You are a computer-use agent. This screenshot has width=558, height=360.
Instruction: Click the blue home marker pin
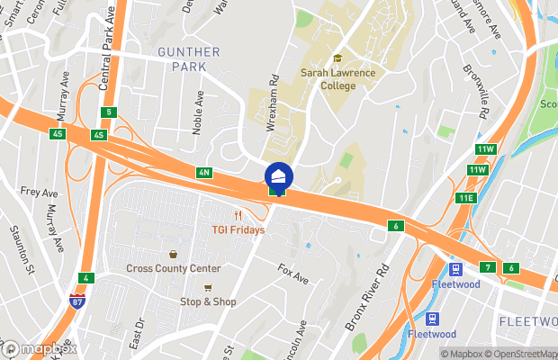(277, 174)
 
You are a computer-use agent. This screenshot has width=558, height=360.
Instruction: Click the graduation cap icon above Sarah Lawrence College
(338, 58)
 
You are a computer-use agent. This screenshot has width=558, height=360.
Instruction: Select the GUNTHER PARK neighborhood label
(188, 60)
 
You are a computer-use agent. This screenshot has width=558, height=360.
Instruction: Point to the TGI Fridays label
(238, 229)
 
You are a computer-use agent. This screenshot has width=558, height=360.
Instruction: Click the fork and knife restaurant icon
(238, 215)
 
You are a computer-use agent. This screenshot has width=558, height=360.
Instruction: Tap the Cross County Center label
(174, 268)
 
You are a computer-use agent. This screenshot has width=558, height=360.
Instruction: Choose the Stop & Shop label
(208, 301)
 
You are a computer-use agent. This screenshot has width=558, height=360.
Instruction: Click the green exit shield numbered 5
(109, 112)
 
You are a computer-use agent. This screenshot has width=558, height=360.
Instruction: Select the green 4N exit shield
(203, 172)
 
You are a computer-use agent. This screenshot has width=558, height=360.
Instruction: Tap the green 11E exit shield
(465, 198)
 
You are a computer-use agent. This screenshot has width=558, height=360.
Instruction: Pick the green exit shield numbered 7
(487, 267)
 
